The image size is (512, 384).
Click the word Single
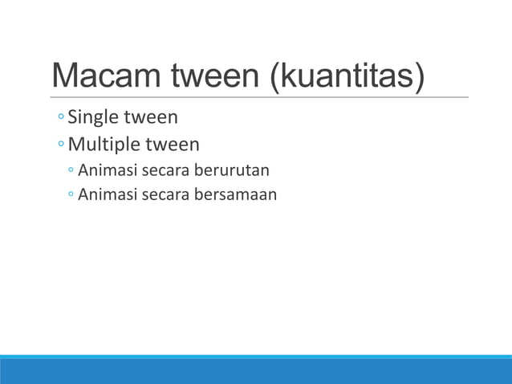[x=91, y=118]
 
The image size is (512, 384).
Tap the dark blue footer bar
[x=256, y=372]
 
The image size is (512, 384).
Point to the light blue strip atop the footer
[x=256, y=357]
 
